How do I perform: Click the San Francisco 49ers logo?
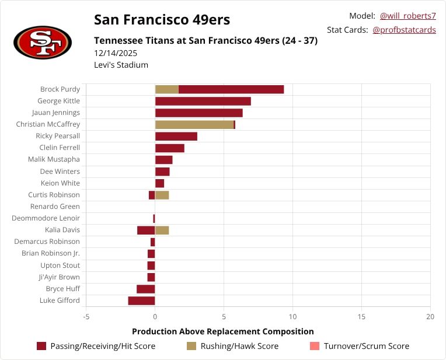(43, 42)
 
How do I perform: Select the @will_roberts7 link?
(407, 16)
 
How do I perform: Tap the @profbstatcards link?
(404, 30)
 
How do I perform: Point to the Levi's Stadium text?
(121, 65)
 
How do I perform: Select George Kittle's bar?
(203, 101)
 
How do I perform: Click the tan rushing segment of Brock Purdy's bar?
(166, 89)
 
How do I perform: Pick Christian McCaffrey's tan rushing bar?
(194, 124)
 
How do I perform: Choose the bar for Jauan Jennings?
(198, 113)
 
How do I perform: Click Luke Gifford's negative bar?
(141, 300)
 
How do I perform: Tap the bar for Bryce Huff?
(145, 289)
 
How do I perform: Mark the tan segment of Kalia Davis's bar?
(162, 230)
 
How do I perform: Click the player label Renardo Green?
(55, 207)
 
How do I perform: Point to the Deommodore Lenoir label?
(46, 218)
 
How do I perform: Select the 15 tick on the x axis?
(361, 317)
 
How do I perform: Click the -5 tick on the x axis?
(86, 317)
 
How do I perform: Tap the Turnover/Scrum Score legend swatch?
(314, 346)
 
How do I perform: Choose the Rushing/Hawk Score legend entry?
(232, 346)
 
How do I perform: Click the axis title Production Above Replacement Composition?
(222, 331)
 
